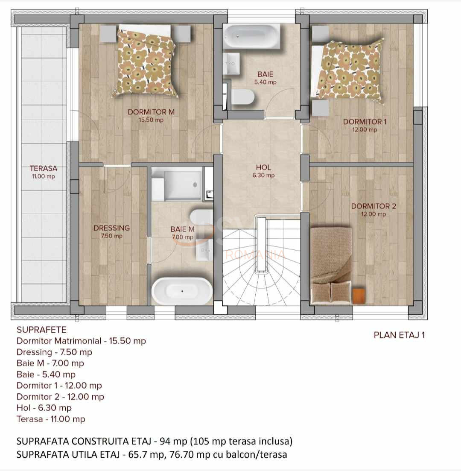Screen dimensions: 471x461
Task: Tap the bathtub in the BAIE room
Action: [x=251, y=36]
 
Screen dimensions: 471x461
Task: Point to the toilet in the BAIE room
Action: [x=242, y=97]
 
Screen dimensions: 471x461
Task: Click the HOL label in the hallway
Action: [x=263, y=168]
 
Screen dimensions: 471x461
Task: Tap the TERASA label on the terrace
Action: [x=43, y=169]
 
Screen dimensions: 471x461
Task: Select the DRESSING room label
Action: [x=111, y=228]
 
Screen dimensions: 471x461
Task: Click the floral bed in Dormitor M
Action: [x=146, y=62]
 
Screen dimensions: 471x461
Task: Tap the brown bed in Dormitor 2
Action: [x=332, y=265]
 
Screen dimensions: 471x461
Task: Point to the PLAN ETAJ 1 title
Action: [x=399, y=335]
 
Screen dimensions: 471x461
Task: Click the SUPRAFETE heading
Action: [x=41, y=330]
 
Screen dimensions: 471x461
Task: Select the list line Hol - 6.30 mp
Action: [x=44, y=408]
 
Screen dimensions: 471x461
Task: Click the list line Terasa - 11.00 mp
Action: [x=51, y=419]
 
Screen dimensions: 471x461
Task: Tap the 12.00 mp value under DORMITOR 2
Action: [x=373, y=214]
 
